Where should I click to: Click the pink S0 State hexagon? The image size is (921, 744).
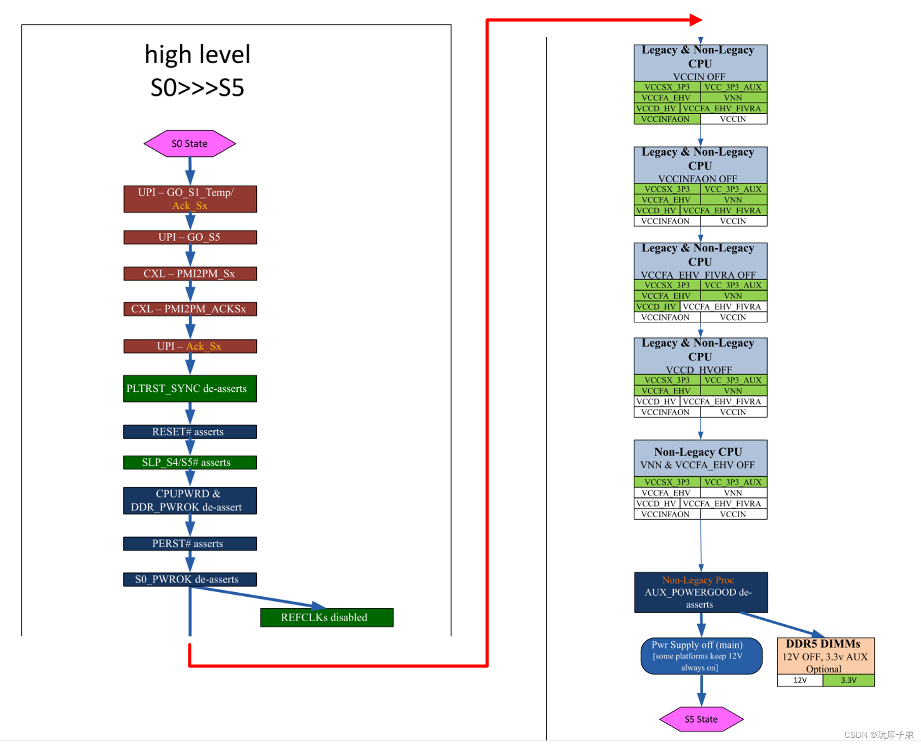[x=189, y=144]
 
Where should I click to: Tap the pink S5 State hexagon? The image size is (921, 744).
[x=701, y=719]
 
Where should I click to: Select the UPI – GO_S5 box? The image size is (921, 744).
[x=190, y=237]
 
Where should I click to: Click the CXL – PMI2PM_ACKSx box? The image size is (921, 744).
[x=190, y=309]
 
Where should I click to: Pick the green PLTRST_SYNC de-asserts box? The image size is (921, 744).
[x=190, y=388]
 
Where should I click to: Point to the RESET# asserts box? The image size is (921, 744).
[x=190, y=431]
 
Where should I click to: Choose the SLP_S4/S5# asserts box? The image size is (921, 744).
[x=190, y=462]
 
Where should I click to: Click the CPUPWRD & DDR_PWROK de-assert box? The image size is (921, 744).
[x=190, y=500]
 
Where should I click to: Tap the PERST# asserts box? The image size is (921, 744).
[x=190, y=544]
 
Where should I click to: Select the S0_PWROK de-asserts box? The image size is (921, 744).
[x=190, y=579]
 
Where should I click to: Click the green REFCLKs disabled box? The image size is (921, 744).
[x=326, y=617]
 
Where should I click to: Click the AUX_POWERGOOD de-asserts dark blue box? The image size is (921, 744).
[x=701, y=592]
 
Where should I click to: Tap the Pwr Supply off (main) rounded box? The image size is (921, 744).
[x=701, y=656]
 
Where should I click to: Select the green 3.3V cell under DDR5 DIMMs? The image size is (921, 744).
[x=848, y=680]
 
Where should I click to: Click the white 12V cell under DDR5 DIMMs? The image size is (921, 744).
[x=800, y=680]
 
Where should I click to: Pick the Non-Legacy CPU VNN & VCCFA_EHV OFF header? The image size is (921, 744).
[x=700, y=458]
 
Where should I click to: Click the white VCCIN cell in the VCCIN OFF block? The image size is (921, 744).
[x=733, y=119]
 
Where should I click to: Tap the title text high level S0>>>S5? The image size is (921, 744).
[x=198, y=71]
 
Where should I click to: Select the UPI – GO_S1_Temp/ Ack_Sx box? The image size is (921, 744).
[x=190, y=199]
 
